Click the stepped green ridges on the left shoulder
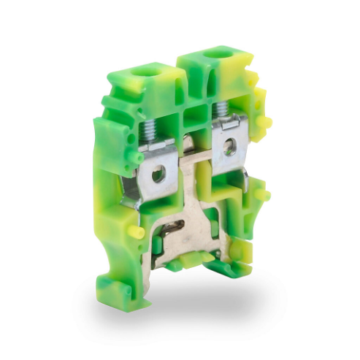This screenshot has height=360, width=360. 110,110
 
